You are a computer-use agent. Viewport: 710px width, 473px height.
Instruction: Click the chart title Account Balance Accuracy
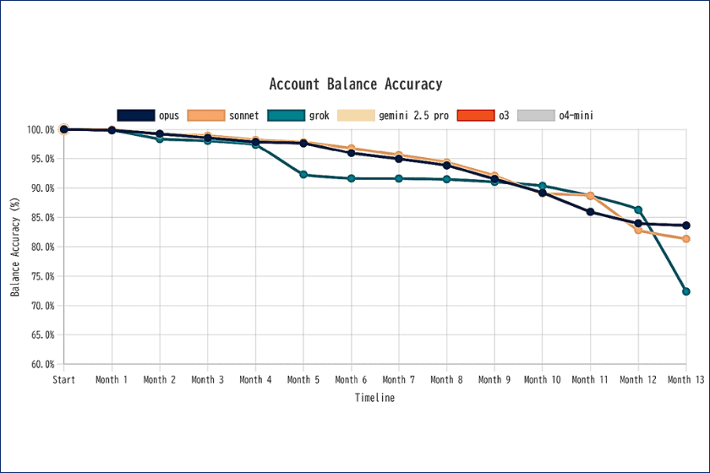click(x=355, y=84)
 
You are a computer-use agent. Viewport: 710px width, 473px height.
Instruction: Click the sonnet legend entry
click(x=218, y=116)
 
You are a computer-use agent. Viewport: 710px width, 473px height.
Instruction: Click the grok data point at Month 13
click(x=686, y=291)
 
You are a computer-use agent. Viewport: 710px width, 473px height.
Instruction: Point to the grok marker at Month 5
click(x=303, y=175)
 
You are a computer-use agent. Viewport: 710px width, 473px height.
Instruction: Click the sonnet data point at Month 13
click(x=686, y=239)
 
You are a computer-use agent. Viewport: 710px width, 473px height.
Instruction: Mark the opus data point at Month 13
click(x=686, y=226)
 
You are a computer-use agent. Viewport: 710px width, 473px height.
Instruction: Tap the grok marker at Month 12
click(x=638, y=209)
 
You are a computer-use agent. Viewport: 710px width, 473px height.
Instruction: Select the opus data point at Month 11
click(x=590, y=212)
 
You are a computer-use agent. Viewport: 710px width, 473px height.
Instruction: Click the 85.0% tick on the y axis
click(x=41, y=218)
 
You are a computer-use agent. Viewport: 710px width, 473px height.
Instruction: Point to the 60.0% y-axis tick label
click(x=41, y=365)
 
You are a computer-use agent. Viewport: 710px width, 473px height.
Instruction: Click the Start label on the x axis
click(x=63, y=380)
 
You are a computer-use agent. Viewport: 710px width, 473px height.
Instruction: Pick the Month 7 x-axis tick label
click(x=399, y=380)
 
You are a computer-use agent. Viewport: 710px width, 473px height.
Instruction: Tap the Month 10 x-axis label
click(x=542, y=380)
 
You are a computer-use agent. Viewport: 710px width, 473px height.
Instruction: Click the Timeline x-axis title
click(x=374, y=398)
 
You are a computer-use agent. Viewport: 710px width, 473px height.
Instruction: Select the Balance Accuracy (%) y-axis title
click(x=15, y=247)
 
